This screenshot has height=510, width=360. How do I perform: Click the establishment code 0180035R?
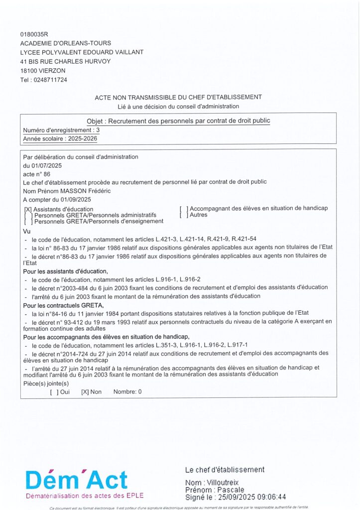point(34,34)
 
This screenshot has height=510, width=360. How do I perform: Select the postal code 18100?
point(29,71)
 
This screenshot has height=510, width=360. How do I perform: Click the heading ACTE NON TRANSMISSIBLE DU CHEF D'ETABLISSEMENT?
point(178,97)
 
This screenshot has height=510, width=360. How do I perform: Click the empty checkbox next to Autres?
point(183,215)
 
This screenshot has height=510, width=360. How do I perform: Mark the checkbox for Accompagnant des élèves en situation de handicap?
point(183,209)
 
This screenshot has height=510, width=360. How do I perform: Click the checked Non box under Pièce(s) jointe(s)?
point(85,392)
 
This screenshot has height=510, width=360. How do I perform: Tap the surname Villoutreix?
point(226,483)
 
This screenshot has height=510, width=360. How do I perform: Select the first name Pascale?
point(225,490)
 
